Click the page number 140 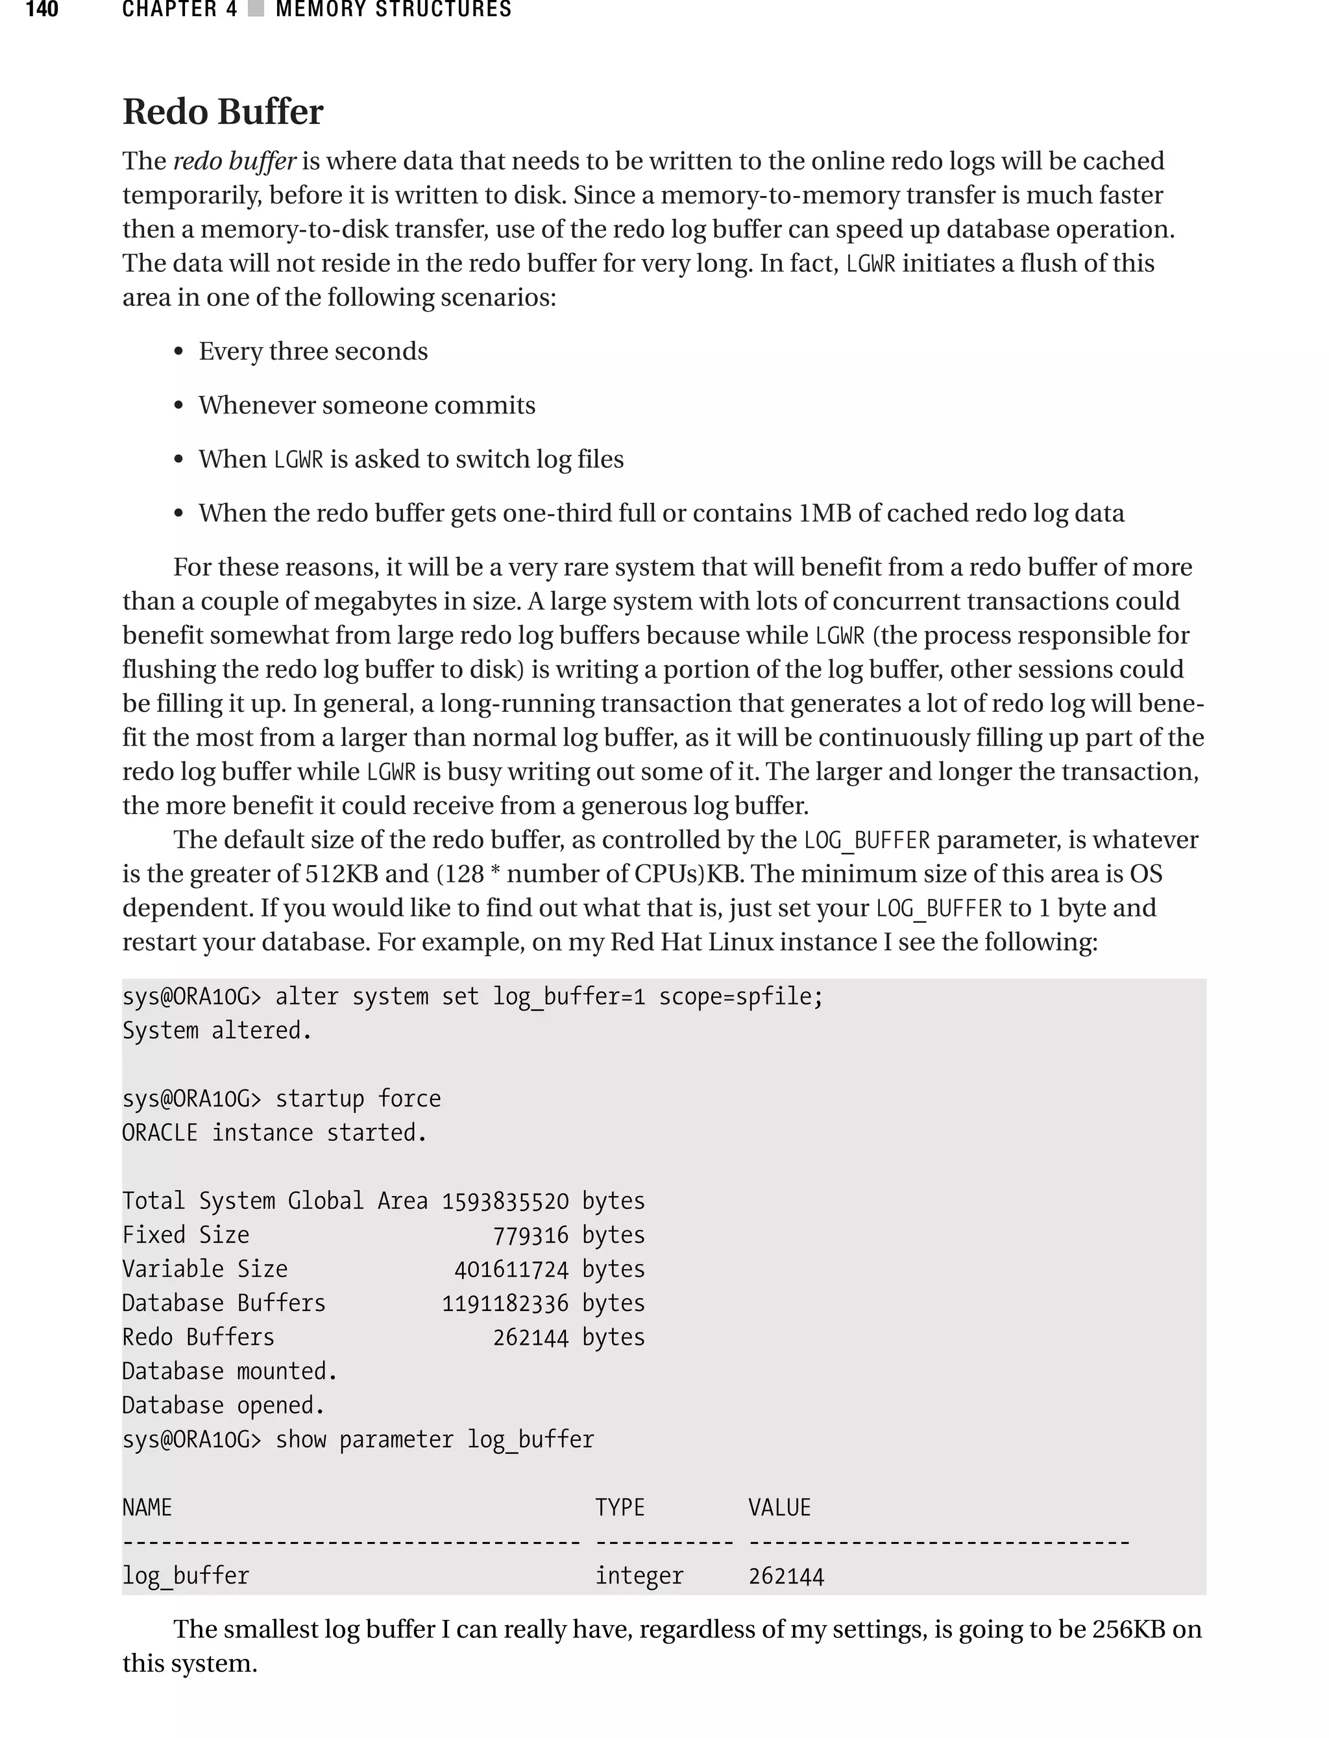tap(42, 10)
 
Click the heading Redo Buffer tap(223, 112)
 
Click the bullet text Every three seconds tap(313, 350)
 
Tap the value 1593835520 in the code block tap(505, 1201)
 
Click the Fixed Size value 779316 tap(530, 1235)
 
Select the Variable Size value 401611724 tap(511, 1269)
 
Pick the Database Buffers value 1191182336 tap(505, 1303)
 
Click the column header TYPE tap(620, 1507)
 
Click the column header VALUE tap(779, 1507)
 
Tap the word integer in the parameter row tap(639, 1575)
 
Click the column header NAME tap(147, 1507)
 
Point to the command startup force tap(358, 1099)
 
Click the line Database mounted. tap(230, 1371)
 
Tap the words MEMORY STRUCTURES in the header tap(393, 10)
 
